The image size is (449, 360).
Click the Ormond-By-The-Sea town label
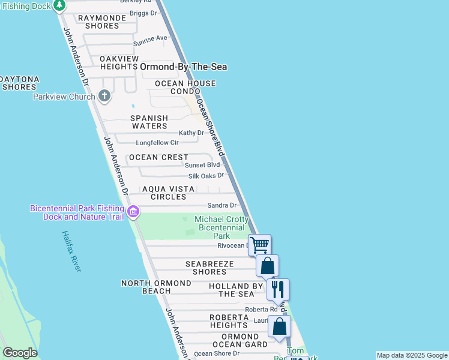tap(183, 67)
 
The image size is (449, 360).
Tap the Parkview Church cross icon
tap(104, 96)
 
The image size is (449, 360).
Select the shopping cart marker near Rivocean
tap(259, 245)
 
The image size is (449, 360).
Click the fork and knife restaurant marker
tap(278, 289)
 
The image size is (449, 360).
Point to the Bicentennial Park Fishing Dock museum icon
tap(133, 212)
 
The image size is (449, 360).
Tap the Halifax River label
tap(71, 251)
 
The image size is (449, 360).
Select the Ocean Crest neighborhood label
tap(159, 157)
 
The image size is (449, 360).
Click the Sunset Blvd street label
tap(202, 164)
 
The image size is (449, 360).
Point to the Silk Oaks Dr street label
tap(206, 176)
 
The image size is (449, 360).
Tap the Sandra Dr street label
tap(222, 205)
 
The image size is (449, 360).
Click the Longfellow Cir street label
tap(157, 143)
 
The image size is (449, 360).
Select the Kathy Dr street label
tap(191, 133)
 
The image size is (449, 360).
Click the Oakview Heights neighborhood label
tap(119, 62)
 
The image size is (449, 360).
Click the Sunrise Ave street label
tap(150, 38)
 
